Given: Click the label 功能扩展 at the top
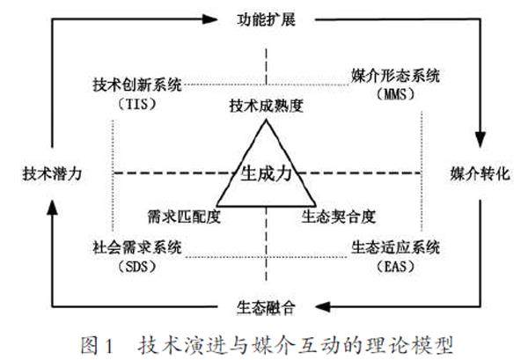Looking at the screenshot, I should tap(265, 18).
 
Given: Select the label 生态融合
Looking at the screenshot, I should tap(265, 307).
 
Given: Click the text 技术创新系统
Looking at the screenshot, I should tap(136, 85).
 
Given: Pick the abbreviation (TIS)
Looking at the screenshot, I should tap(136, 102).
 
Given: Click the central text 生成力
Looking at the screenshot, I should tap(265, 173).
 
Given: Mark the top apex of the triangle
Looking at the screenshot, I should tap(265, 117).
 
